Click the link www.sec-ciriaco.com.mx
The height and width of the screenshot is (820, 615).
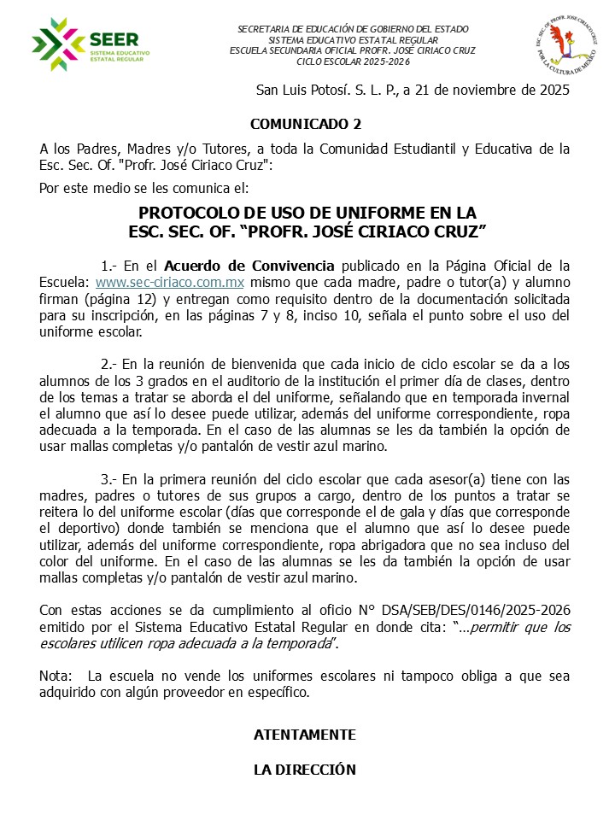point(170,280)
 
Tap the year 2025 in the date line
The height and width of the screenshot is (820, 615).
point(551,90)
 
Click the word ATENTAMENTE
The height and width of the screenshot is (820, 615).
point(305,735)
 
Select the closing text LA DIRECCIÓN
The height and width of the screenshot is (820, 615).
point(305,770)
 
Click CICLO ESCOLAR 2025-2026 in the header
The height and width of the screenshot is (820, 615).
point(354,61)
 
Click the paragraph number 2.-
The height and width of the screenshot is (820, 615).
point(110,363)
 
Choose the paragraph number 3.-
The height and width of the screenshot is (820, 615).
point(110,478)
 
